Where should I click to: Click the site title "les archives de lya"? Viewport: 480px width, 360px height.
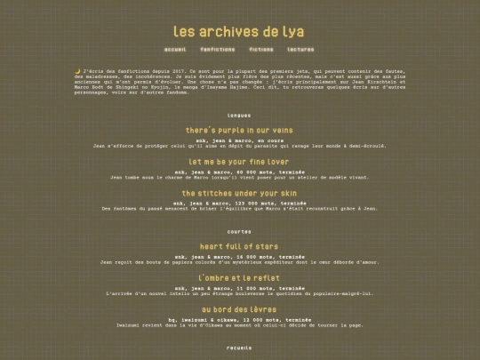tap(239, 30)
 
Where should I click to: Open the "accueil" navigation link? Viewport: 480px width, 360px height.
tap(175, 50)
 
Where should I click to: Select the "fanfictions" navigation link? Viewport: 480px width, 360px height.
tap(218, 50)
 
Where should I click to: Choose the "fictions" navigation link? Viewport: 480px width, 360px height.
tap(261, 50)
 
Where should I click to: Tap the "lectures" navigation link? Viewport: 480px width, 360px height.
tap(300, 50)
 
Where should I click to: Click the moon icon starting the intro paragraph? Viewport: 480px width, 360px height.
tap(77, 70)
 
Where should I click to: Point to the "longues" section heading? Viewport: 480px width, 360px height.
tap(239, 116)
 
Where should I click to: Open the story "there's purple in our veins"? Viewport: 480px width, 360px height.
tap(239, 130)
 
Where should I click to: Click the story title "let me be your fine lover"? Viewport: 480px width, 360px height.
tap(239, 162)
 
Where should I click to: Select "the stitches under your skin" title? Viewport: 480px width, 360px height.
tap(239, 193)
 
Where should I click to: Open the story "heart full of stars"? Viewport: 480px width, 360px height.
tap(239, 245)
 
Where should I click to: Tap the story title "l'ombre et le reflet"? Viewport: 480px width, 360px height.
tap(239, 277)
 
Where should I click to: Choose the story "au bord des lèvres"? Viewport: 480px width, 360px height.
tap(239, 308)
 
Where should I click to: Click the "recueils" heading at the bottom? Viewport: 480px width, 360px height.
tap(239, 348)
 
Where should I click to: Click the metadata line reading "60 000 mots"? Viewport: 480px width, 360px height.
tap(239, 171)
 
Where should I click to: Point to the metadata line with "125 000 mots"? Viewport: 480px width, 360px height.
tap(239, 202)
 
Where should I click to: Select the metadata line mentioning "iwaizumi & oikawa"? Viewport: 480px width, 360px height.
tap(239, 317)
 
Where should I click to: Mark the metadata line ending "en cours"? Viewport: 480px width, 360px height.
tap(239, 140)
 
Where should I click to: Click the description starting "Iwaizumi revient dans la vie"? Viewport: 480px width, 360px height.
tap(239, 324)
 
